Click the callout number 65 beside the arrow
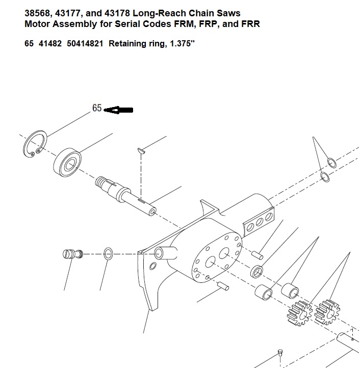tap(97, 108)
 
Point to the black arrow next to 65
tap(118, 110)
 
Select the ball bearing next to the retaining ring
tap(67, 163)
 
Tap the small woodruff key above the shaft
tap(141, 151)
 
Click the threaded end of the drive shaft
tap(100, 181)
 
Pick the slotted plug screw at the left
tap(73, 254)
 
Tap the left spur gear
tap(300, 313)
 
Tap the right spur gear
tap(327, 312)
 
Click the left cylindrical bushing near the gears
tap(264, 293)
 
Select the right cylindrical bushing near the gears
tap(290, 291)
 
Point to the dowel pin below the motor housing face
tap(223, 286)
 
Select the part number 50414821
tap(85, 44)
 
